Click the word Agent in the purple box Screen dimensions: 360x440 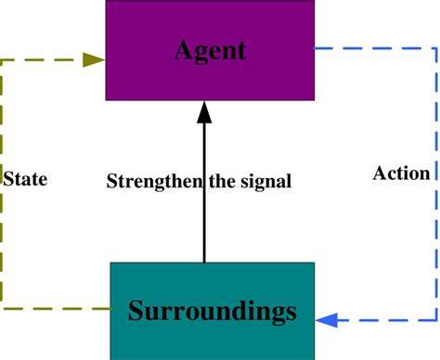coord(210,49)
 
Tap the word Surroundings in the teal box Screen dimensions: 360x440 coord(213,311)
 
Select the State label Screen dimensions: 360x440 coord(25,178)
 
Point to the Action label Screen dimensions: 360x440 coord(401,174)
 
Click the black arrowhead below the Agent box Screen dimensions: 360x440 coord(204,113)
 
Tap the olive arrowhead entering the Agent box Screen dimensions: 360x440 coord(94,59)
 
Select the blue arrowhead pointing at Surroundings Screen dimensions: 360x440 coord(326,321)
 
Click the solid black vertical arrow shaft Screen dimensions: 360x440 coord(204,223)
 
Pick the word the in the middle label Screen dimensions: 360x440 coord(228,182)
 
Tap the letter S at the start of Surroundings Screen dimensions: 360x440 coord(136,310)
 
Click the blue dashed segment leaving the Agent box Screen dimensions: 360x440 coord(371,48)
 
